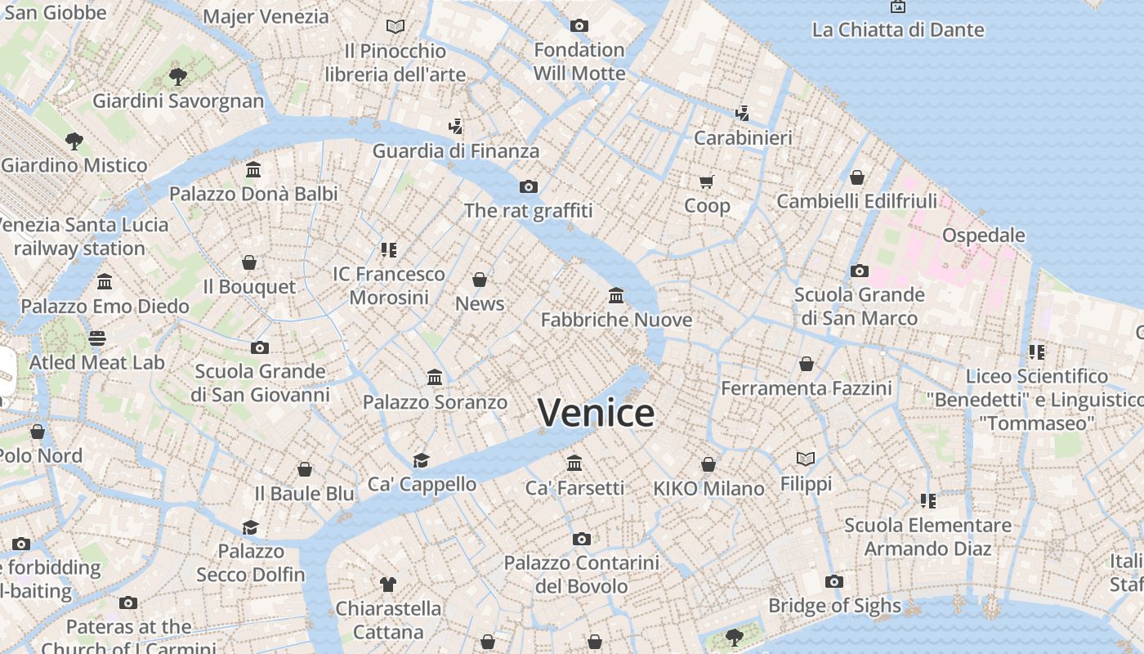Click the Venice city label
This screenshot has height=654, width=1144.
[596, 413]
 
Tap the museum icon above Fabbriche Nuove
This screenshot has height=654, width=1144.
[616, 295]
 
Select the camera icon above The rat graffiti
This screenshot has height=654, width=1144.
[528, 186]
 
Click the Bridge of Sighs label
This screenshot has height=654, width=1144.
[834, 606]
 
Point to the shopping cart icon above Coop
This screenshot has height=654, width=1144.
[707, 181]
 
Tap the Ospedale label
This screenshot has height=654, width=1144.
[983, 235]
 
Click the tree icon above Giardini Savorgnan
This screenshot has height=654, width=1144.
[177, 78]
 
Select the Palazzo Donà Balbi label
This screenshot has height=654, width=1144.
[253, 194]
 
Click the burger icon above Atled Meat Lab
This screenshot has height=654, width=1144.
[97, 338]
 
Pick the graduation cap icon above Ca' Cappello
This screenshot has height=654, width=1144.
[421, 460]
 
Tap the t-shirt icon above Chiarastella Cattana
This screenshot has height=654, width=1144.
[388, 584]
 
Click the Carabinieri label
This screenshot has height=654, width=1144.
[743, 137]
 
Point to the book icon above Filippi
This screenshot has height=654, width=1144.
[806, 459]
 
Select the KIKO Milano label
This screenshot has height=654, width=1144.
[708, 489]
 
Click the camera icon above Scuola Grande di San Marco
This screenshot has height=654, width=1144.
[859, 271]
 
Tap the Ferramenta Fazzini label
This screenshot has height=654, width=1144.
[806, 387]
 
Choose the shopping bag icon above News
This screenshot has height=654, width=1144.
[480, 280]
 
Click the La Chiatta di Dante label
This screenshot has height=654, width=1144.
[897, 30]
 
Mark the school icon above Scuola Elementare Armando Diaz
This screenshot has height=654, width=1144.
[927, 500]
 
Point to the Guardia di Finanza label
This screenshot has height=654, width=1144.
[456, 150]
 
